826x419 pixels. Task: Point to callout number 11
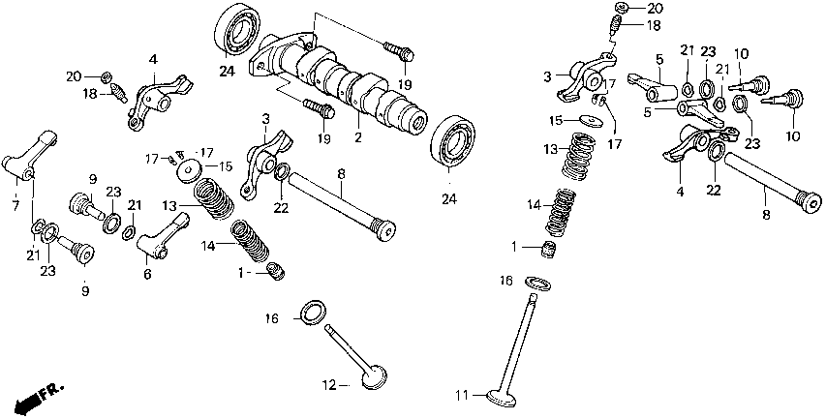coord(463,395)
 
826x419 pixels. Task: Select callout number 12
coord(329,385)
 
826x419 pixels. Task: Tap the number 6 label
coord(147,275)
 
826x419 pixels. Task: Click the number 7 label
coord(15,205)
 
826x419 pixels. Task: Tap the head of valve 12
coord(374,377)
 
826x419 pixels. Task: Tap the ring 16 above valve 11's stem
coord(535,283)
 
